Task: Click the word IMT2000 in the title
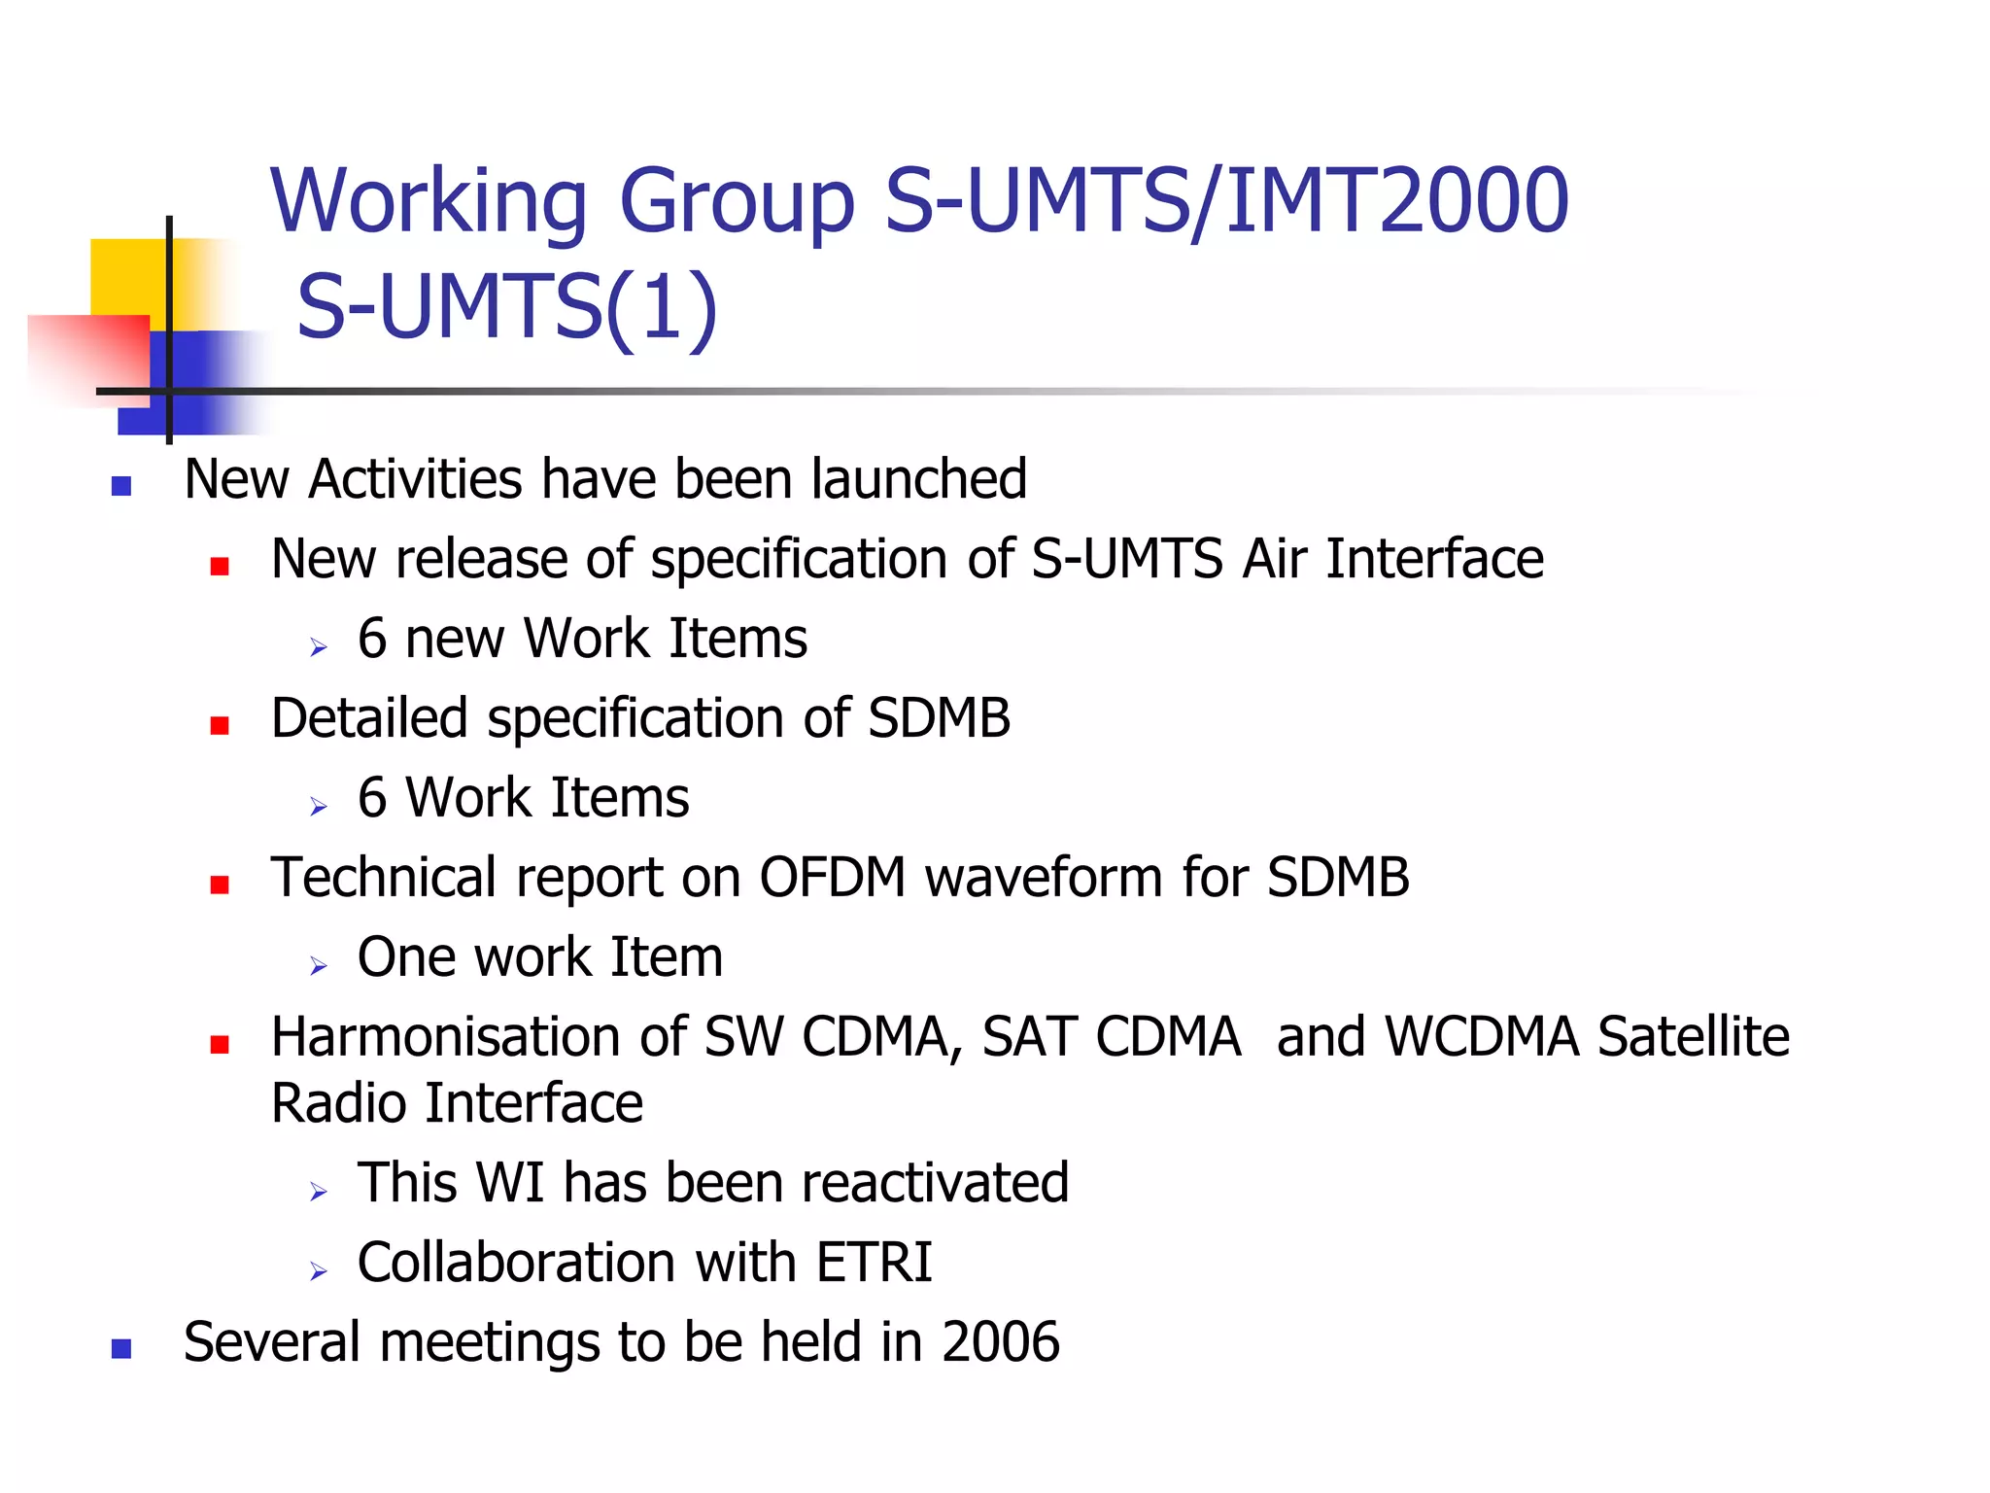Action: point(1396,201)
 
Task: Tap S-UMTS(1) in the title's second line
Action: point(506,307)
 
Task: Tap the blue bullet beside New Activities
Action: point(121,486)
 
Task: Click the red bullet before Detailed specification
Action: point(220,725)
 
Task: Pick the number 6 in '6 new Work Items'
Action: point(372,639)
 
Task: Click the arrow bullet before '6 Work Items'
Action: point(319,806)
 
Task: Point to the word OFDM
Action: point(832,878)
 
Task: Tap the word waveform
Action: point(1044,878)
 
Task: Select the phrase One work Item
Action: point(540,957)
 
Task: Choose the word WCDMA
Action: point(1481,1037)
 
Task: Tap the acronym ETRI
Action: point(874,1263)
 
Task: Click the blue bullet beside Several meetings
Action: point(121,1348)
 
